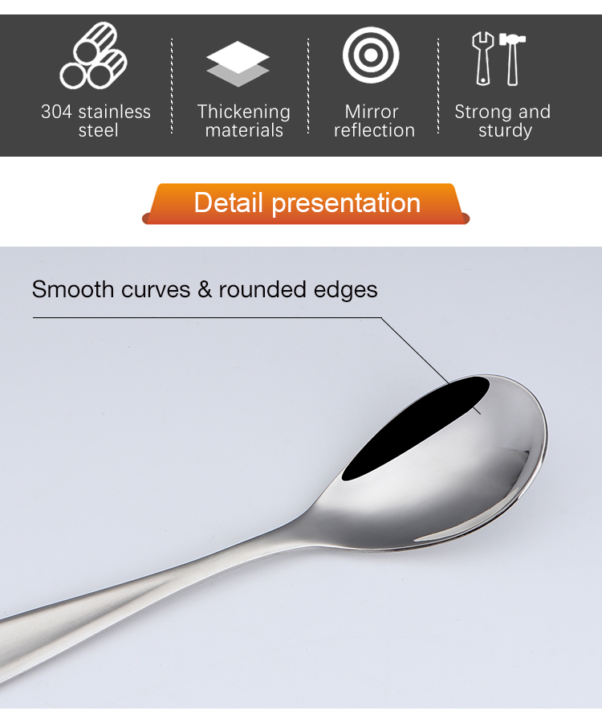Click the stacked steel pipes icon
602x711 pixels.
93,55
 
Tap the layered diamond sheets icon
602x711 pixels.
238,64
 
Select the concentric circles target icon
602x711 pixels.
371,55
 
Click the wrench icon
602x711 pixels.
483,59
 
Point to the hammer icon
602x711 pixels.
512,59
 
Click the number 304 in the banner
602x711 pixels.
56,112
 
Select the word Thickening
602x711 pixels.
244,112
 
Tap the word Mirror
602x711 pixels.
372,112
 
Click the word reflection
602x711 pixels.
374,130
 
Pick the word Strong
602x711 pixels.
480,112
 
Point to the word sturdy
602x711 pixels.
505,131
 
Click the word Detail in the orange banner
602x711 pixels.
228,202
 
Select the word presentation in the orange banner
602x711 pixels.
346,203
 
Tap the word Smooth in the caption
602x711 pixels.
73,289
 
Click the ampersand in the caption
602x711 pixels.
205,290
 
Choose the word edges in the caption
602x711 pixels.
345,290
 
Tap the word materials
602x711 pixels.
244,131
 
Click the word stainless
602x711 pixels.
117,112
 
